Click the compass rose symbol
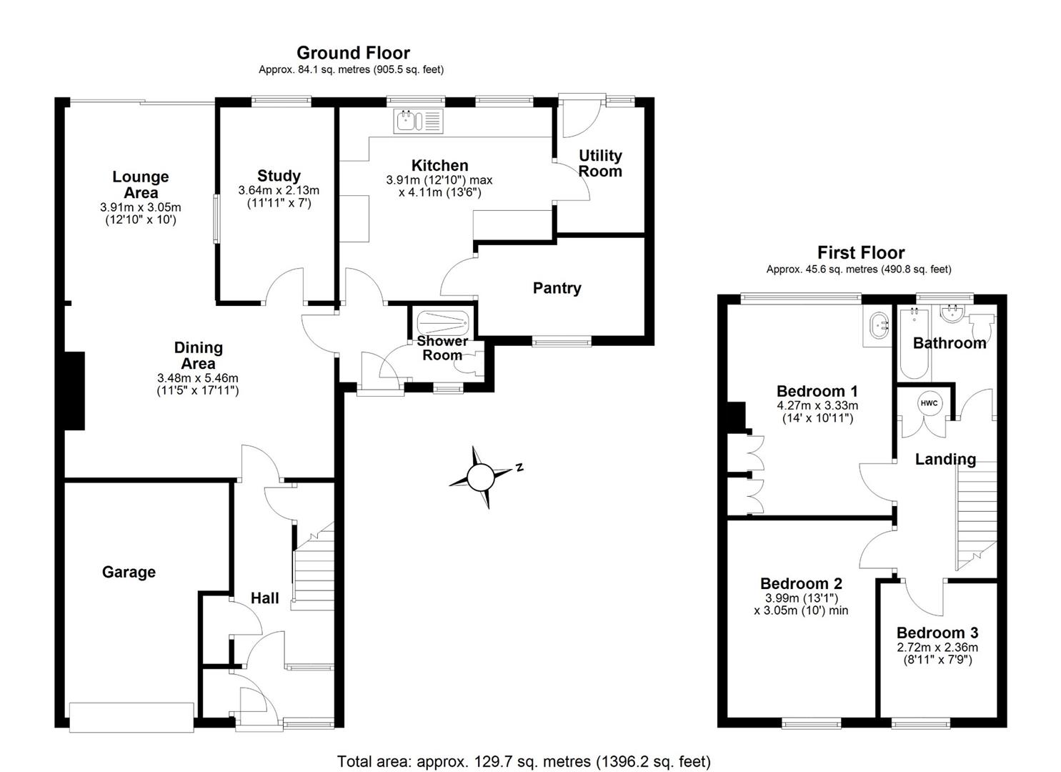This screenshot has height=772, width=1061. (x=481, y=476)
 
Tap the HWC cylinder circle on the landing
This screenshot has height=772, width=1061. (x=928, y=403)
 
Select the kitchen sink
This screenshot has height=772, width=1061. (x=418, y=121)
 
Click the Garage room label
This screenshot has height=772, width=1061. (x=129, y=572)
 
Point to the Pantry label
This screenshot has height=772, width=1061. (x=557, y=288)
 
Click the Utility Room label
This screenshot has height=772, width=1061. (x=600, y=163)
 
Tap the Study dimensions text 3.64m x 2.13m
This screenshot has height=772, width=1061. (x=279, y=191)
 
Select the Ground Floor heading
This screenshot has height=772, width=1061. (x=353, y=53)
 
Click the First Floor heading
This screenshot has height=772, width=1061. (x=860, y=253)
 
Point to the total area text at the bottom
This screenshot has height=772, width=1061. (x=524, y=761)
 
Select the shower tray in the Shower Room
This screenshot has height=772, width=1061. (x=442, y=323)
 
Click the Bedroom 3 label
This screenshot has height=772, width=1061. (x=937, y=633)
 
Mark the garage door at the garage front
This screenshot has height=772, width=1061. (x=131, y=716)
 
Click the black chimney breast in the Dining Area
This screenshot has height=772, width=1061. (x=74, y=390)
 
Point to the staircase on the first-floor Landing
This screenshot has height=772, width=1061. (x=975, y=515)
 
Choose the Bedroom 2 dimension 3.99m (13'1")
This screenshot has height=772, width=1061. (x=801, y=598)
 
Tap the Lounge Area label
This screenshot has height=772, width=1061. (x=141, y=184)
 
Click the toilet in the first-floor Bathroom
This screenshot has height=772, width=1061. (x=984, y=325)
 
